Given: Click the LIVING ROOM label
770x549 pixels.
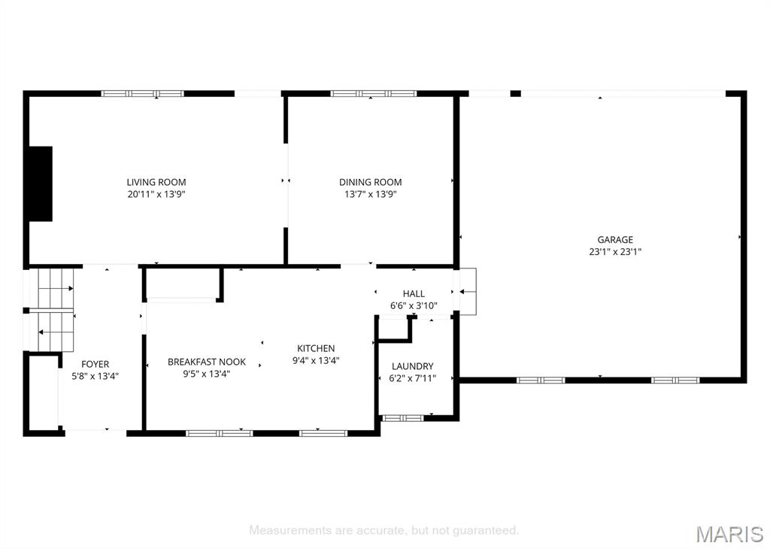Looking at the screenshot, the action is tap(156, 182).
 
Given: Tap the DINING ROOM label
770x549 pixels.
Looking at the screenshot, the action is tap(370, 182).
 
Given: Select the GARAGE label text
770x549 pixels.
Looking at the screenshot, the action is tap(615, 240).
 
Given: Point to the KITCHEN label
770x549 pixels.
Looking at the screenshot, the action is tap(316, 348).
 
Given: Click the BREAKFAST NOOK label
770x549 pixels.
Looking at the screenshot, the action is tap(207, 362).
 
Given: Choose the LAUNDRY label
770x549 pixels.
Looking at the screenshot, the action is tap(413, 366).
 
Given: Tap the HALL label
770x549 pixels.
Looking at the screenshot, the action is tap(414, 293).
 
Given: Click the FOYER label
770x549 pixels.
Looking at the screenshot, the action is tap(95, 364).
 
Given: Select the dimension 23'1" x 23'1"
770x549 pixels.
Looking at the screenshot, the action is tap(615, 252).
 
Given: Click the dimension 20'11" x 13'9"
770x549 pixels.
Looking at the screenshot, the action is tap(156, 194).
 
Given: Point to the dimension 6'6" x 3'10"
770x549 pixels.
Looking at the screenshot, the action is tap(414, 306).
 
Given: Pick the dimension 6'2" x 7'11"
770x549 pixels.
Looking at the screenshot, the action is tap(413, 378).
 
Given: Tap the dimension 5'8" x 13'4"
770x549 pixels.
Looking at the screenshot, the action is tap(95, 377).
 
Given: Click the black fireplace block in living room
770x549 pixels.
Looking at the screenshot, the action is tap(41, 184).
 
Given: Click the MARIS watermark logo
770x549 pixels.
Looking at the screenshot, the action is tap(729, 534).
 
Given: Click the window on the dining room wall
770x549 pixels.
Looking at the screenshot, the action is tap(373, 93).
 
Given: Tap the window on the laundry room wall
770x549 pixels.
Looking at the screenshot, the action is tap(403, 418).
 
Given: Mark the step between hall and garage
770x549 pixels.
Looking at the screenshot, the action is tap(468, 292).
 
